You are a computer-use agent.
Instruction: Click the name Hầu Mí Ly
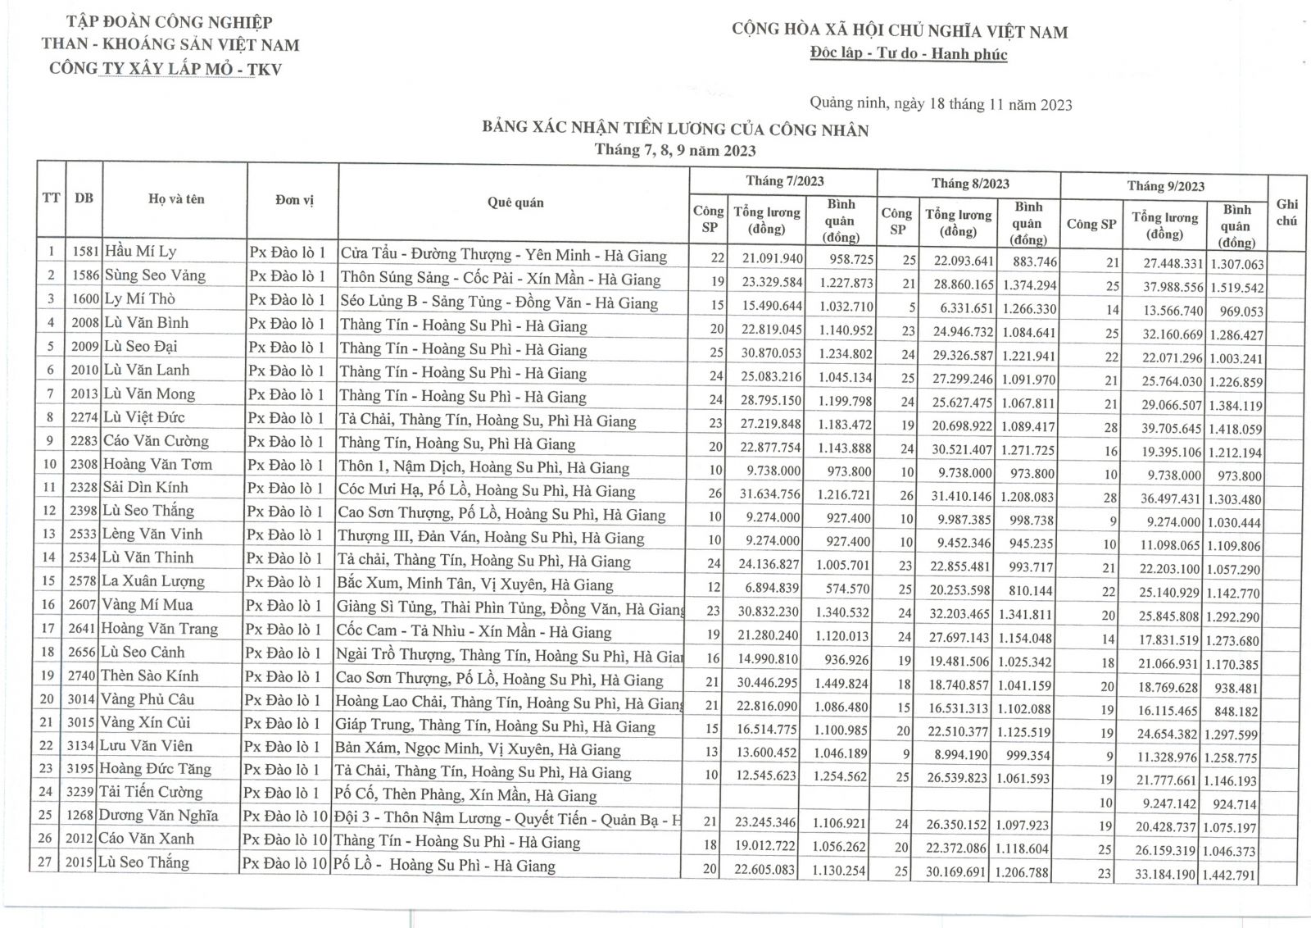click(140, 252)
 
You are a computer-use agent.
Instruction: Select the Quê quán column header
click(515, 202)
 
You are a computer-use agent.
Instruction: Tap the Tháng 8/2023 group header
click(969, 184)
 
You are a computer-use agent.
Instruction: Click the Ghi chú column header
click(1286, 212)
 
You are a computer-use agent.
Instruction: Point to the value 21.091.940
click(768, 258)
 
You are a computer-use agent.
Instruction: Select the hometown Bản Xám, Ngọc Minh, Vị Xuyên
click(478, 748)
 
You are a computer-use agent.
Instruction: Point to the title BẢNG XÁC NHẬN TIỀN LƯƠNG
click(675, 130)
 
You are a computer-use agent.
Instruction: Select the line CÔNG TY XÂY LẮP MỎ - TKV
click(166, 69)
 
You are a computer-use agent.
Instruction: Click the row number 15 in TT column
click(49, 581)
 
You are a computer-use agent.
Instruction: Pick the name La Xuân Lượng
click(152, 581)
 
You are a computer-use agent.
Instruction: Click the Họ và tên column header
click(176, 199)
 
